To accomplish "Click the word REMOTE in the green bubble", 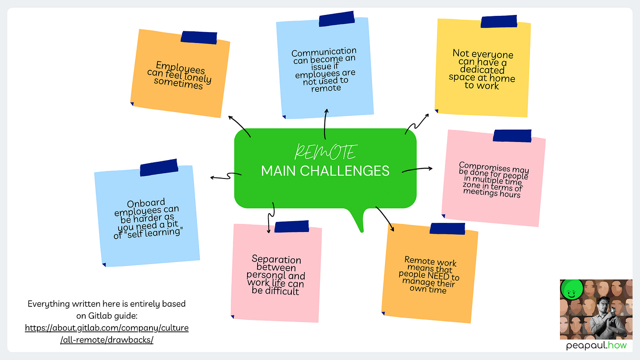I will pyautogui.click(x=325, y=152).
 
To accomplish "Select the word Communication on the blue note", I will pyautogui.click(x=324, y=52).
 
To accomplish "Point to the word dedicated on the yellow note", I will pyautogui.click(x=483, y=69).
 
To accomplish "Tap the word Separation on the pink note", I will pyautogui.click(x=276, y=259).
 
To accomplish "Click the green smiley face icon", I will pyautogui.click(x=572, y=291).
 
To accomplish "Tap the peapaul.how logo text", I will pyautogui.click(x=596, y=346).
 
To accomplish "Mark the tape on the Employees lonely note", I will pyautogui.click(x=199, y=37).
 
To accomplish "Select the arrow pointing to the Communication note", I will pyautogui.click(x=325, y=123).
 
